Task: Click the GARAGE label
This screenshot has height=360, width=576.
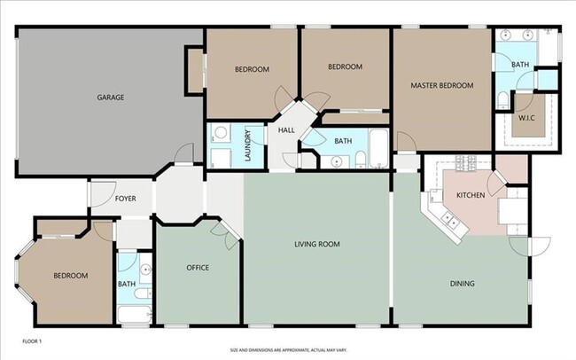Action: point(111,98)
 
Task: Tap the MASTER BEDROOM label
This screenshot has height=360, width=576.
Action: point(441,86)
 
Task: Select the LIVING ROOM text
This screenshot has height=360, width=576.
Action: point(317,244)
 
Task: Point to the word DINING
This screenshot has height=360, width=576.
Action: point(462,284)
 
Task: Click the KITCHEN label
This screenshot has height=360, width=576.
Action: point(470,195)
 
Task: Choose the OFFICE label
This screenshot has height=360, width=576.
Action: point(198,267)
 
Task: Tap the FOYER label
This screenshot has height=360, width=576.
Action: point(126,199)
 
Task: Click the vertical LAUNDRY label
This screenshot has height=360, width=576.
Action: point(249,147)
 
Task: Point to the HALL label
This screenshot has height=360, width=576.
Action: point(286,131)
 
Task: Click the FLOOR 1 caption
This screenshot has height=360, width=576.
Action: point(32,340)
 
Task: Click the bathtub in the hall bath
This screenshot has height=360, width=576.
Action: point(379,149)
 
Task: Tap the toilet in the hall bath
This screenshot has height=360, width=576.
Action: point(362,159)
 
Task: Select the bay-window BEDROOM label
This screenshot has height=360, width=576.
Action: point(71,276)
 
